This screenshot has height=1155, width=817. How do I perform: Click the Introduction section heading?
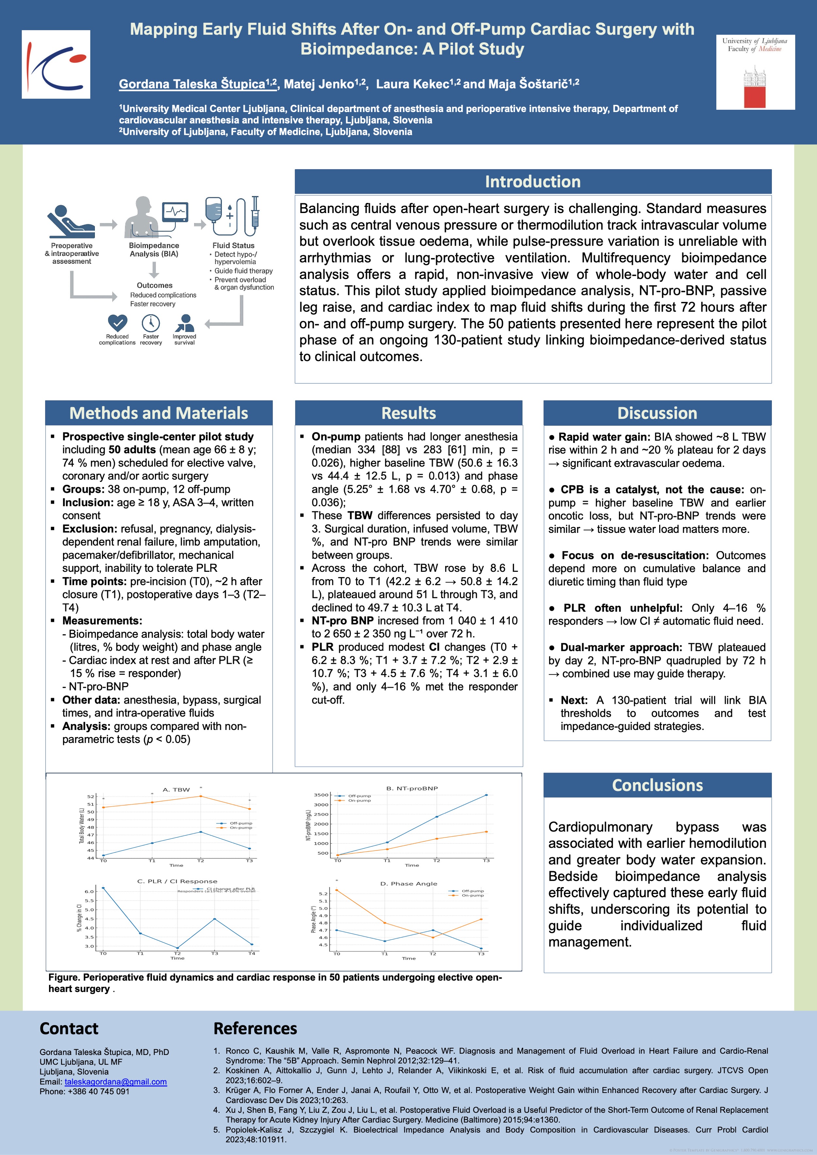[x=532, y=182]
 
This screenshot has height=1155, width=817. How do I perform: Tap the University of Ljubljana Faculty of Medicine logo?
[x=755, y=72]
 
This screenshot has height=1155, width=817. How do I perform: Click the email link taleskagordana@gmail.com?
[x=116, y=1081]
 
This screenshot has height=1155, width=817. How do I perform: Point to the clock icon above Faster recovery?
[x=151, y=322]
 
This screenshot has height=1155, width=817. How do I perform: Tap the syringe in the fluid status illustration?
[x=255, y=212]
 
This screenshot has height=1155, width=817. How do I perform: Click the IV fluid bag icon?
[x=214, y=214]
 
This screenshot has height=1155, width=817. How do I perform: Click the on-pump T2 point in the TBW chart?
[x=201, y=796]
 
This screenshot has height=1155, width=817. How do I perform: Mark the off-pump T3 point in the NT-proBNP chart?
[x=486, y=795]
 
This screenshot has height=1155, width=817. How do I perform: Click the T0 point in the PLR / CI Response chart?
[x=103, y=888]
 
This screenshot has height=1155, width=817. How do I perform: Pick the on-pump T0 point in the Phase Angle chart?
[x=337, y=890]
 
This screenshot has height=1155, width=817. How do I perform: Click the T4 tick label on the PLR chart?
[x=252, y=953]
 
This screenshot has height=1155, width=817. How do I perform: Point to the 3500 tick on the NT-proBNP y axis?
[x=321, y=795]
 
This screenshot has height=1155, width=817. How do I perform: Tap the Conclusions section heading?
[x=657, y=785]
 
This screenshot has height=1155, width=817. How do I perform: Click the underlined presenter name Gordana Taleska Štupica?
[x=197, y=84]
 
